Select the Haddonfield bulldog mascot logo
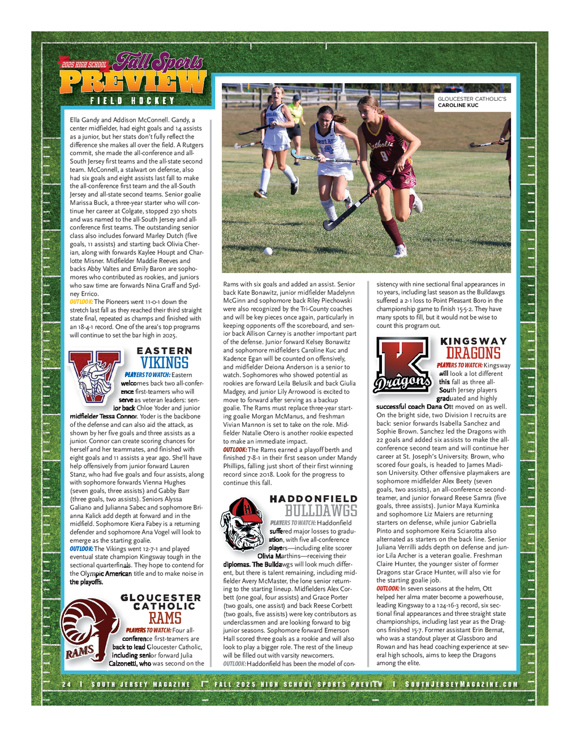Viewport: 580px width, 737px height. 242,523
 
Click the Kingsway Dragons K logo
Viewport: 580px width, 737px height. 402,365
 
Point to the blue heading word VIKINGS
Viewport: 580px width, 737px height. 165,363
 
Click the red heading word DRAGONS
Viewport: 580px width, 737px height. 473,354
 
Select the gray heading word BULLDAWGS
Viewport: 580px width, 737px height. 321,511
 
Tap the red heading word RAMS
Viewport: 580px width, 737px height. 165,618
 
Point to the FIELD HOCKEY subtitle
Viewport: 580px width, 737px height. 132,101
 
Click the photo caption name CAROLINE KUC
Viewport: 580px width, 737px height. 458,105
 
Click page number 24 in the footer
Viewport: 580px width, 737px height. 67,684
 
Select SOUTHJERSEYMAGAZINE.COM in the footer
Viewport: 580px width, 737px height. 461,684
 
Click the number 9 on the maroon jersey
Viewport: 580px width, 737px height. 384,155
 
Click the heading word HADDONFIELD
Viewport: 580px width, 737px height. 313,499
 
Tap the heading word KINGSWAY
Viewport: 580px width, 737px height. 474,341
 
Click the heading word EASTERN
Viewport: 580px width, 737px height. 164,351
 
